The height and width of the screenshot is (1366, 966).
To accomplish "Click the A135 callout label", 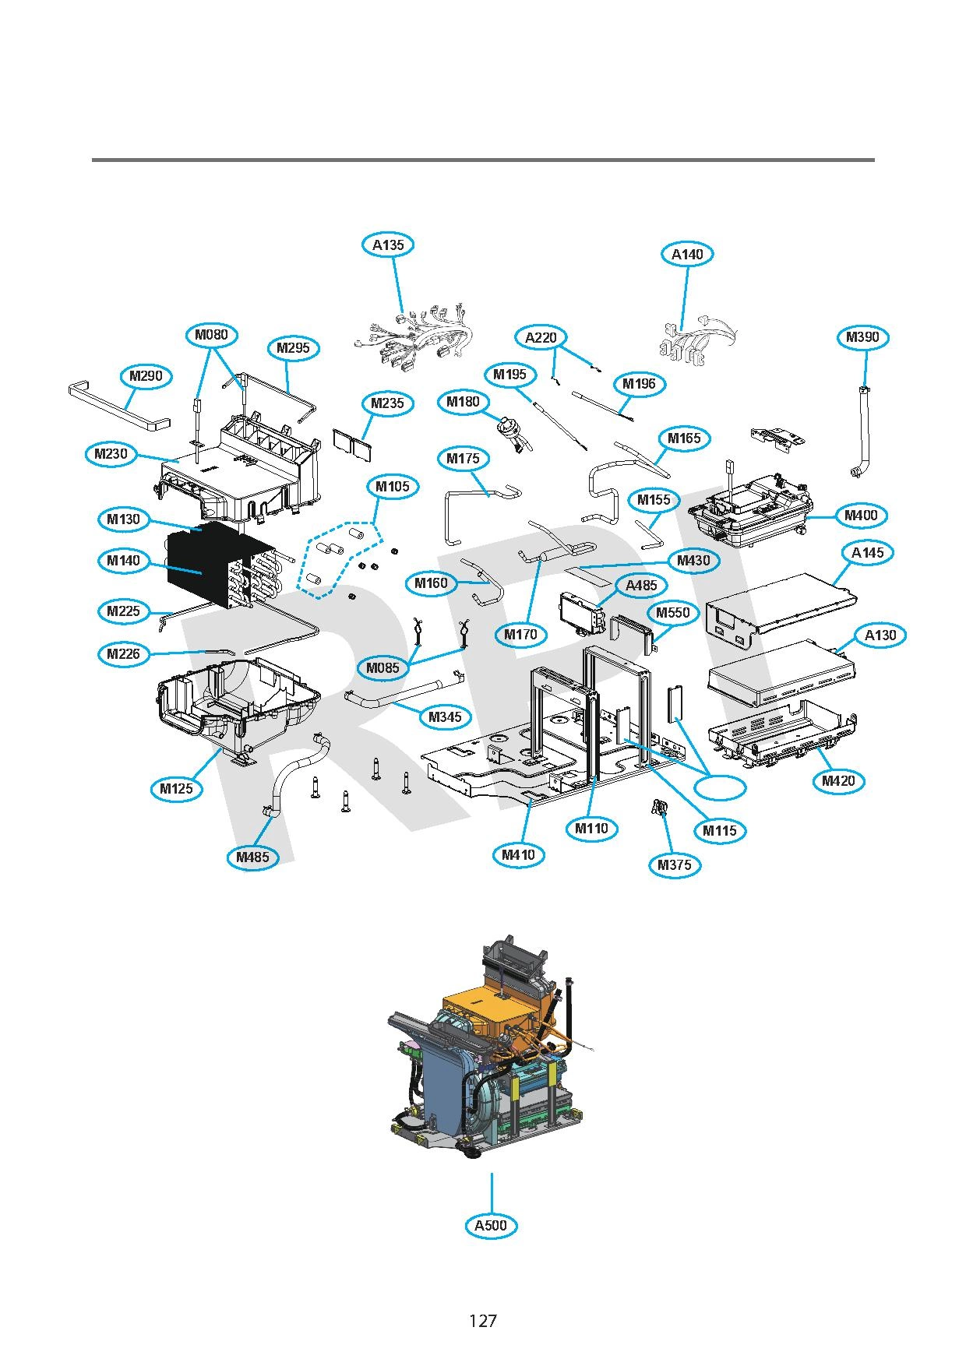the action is [388, 245].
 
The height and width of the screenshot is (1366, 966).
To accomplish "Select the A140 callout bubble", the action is [687, 254].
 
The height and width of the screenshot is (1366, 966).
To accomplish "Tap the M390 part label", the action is [862, 337].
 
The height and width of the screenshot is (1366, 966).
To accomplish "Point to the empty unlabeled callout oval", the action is [721, 787].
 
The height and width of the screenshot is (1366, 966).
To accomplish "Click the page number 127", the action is [483, 1321].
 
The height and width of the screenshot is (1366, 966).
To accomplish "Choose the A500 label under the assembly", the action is [491, 1225].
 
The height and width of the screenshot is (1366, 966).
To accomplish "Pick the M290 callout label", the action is [146, 376].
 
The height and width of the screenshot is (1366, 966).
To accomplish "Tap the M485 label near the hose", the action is [252, 857].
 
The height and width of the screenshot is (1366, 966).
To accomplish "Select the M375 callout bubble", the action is [674, 864].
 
